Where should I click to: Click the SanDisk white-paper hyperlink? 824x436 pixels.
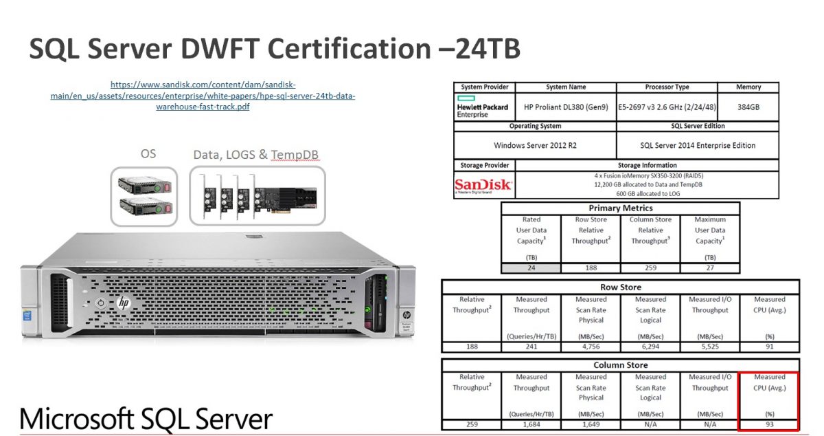click(203, 96)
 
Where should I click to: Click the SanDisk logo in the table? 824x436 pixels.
click(483, 185)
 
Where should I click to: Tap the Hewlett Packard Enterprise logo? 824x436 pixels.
click(483, 107)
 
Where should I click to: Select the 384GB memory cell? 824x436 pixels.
click(748, 107)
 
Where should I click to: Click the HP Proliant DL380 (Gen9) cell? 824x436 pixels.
click(565, 107)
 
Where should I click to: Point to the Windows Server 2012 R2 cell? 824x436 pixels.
click(534, 146)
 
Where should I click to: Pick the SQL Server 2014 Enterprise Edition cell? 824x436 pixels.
click(698, 146)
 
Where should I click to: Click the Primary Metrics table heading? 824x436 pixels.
click(621, 208)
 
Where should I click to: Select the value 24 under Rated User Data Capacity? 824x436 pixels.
click(531, 268)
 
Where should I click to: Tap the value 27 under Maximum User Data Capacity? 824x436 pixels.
click(709, 268)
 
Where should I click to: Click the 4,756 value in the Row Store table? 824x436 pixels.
click(591, 346)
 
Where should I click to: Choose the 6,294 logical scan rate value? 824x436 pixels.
click(650, 346)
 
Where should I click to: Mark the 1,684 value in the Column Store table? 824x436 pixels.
click(531, 424)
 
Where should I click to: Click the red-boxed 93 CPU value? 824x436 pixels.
click(769, 424)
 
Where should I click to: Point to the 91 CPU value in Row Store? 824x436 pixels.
click(769, 346)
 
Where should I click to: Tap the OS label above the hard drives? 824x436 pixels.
click(148, 153)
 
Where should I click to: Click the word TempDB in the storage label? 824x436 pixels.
click(297, 155)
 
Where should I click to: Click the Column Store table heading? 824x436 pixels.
click(620, 365)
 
